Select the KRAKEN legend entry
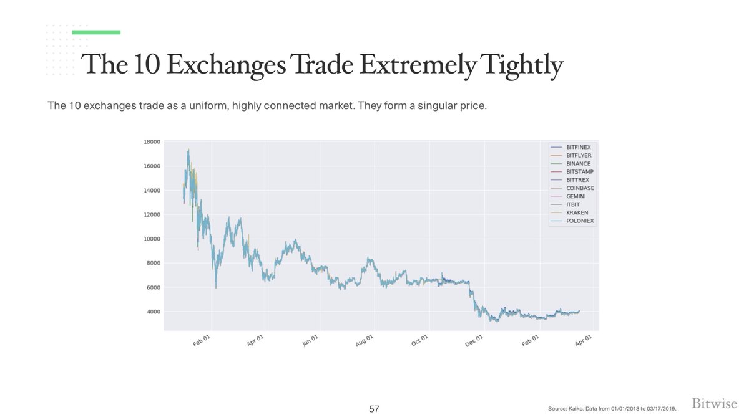click(577, 212)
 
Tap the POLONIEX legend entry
click(579, 221)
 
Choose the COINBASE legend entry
click(580, 188)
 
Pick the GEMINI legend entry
click(575, 196)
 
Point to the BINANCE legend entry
click(578, 163)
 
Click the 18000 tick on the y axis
click(152, 142)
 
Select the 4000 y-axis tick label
click(154, 312)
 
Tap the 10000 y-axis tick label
click(152, 239)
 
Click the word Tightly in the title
click(522, 65)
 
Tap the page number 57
click(374, 409)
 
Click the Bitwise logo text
click(715, 404)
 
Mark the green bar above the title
click(96, 32)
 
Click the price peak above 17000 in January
click(188, 150)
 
